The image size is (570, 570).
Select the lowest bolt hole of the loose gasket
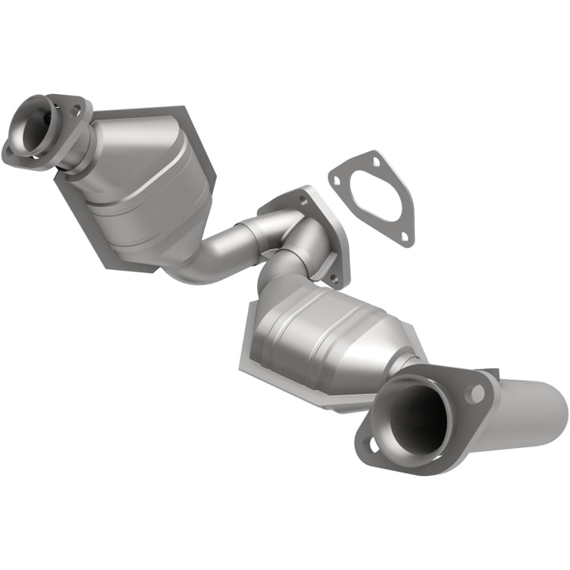tap(403, 236)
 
